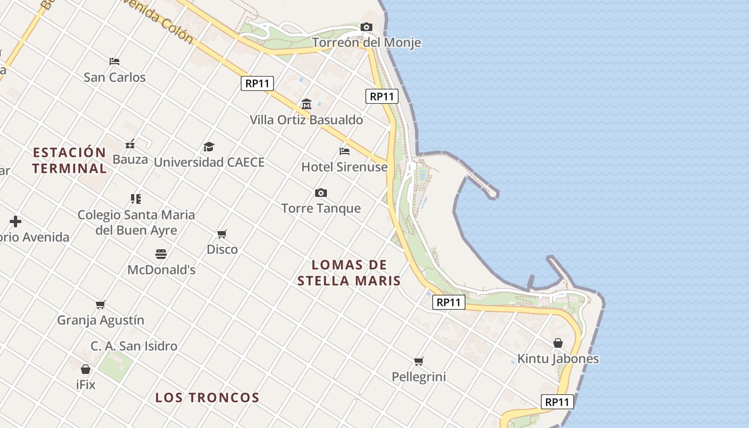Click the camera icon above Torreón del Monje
point(366,27)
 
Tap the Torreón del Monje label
point(366,43)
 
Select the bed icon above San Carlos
point(114,62)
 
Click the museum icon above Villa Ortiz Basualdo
point(307,104)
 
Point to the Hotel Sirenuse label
point(345,167)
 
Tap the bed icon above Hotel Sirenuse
point(345,151)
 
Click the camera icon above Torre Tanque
point(321,193)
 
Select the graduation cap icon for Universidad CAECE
point(209,147)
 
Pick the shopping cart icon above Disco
point(222,234)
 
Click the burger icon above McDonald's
point(161,254)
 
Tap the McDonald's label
point(161,270)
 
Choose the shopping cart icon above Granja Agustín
point(101,304)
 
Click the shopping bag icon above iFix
point(86,369)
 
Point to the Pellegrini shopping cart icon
point(419,361)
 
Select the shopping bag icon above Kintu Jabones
point(558,343)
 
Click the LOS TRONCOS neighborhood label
point(207,398)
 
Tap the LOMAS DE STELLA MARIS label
point(349,273)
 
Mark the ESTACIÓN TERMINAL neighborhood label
point(70,160)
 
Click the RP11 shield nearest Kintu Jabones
point(557,402)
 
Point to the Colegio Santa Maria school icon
point(136,199)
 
